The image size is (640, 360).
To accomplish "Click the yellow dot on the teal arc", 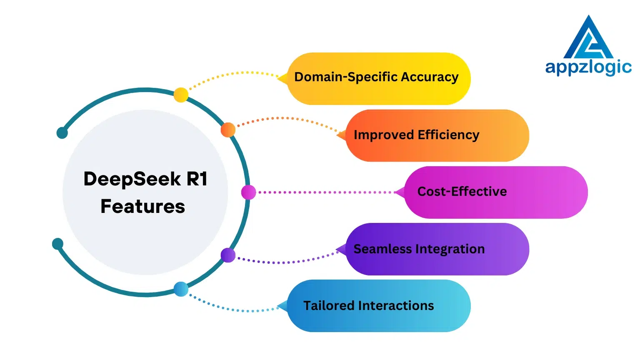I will point(181,95).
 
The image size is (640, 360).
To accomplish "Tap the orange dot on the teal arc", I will point(228,130).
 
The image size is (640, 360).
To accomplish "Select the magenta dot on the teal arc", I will point(248,192).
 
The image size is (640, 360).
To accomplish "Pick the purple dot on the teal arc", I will point(228,255).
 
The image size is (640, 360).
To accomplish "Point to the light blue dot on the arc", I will point(181,289).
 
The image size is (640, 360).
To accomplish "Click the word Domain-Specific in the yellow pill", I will point(346,77).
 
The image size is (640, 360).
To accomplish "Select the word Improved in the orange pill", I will point(383,135).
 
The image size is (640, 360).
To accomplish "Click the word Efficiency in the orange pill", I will point(448,135).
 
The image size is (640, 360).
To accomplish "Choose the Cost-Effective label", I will point(462,192).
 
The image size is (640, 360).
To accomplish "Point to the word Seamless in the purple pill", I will point(382,249).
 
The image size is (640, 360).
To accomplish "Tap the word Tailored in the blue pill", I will point(328,306).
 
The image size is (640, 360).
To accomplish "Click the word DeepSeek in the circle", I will point(132,179).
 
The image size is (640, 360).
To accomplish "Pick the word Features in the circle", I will point(143,207).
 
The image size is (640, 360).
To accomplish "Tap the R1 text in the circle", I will point(197,179).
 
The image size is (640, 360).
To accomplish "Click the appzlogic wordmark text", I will point(588,67).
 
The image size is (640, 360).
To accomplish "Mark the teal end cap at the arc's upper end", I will point(62,133).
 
